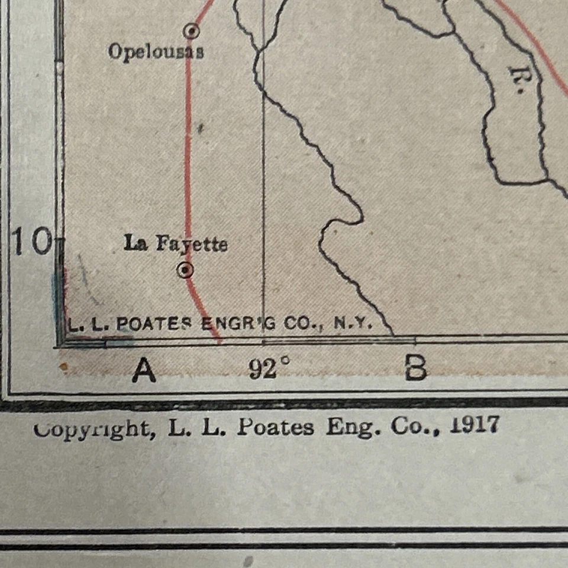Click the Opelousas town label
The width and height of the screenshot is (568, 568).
156,51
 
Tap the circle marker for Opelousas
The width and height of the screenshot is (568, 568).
191,30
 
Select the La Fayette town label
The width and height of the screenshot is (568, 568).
175,243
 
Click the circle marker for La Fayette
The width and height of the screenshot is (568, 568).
186,270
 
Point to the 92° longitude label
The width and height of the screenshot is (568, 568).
269,370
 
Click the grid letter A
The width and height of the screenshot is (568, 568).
144,371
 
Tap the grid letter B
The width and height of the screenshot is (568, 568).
415,369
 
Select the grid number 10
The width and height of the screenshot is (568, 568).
32,243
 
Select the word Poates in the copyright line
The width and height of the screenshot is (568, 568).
275,427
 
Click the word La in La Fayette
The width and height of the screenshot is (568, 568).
135,243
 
